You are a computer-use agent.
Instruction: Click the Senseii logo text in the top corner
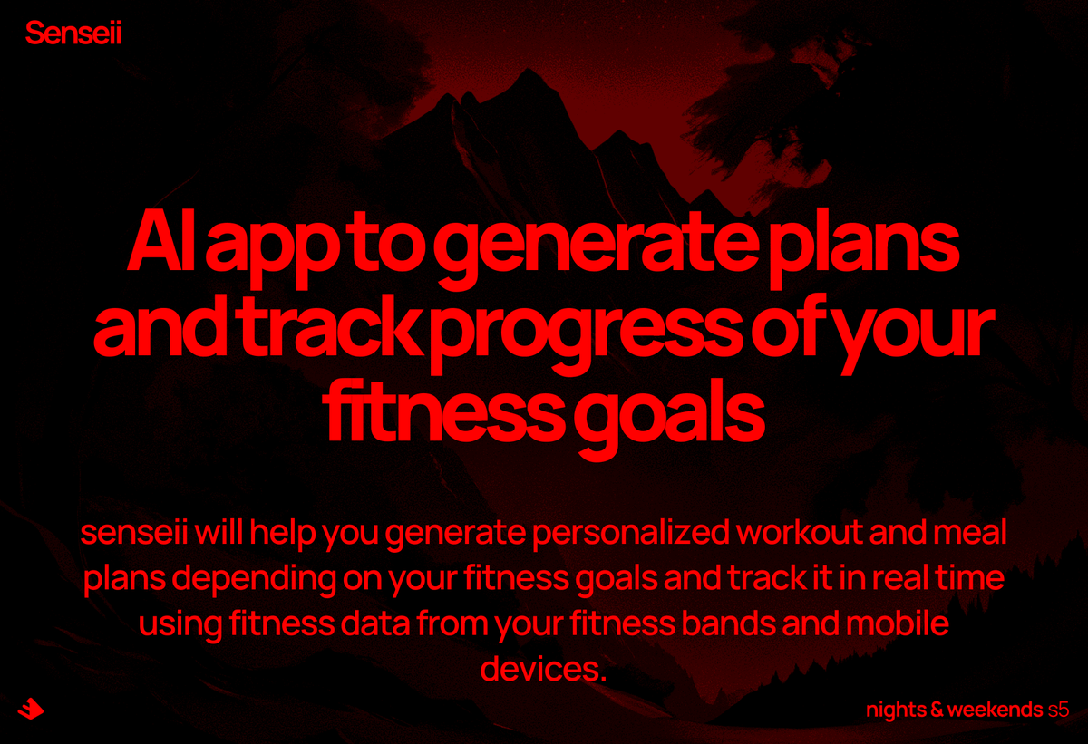click(73, 34)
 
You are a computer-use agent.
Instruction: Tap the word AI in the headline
click(160, 246)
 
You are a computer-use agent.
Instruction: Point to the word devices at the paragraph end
click(541, 671)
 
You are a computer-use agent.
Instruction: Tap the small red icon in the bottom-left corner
click(30, 709)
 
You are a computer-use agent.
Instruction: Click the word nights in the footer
click(894, 710)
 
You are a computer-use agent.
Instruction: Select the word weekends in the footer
click(994, 709)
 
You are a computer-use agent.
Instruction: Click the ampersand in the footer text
click(936, 709)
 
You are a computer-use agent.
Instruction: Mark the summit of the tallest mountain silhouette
click(524, 70)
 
